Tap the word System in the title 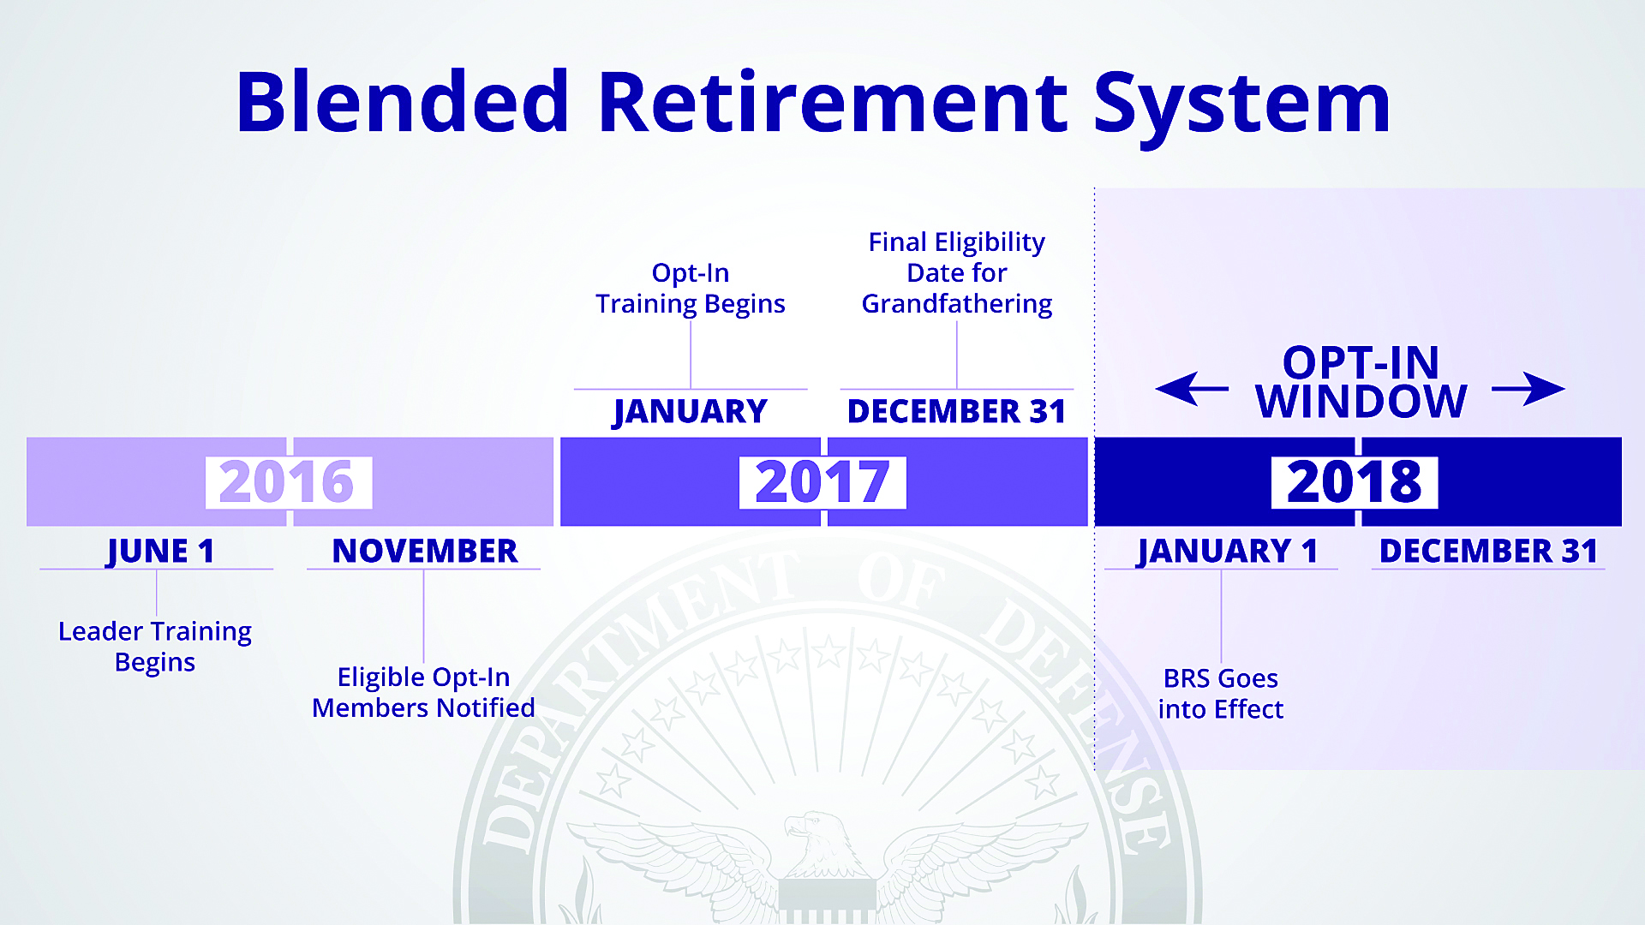[1242, 109]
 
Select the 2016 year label [287, 482]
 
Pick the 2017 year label [822, 482]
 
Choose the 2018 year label [1355, 482]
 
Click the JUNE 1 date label [160, 552]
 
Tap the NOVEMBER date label [425, 552]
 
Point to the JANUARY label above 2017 [691, 412]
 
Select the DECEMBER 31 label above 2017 [956, 412]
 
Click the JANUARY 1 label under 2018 [1227, 552]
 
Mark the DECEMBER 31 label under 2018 [1488, 552]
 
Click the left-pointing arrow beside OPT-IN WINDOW [1192, 389]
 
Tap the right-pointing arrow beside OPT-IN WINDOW [1528, 389]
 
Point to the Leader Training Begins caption [155, 647]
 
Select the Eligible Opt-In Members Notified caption [423, 692]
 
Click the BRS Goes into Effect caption [1221, 694]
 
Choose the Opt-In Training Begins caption [691, 289]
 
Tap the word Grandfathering [957, 304]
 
